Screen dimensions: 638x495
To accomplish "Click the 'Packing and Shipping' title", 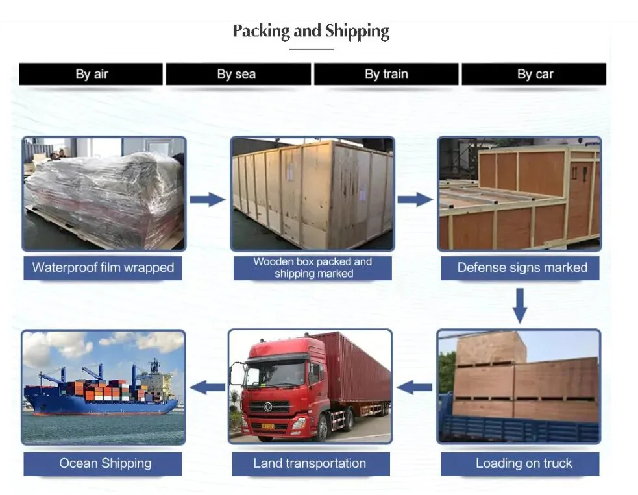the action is coord(311,31).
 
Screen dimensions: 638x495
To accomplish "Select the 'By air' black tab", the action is coord(91,74).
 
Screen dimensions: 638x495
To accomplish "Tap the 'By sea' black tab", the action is coord(238,74).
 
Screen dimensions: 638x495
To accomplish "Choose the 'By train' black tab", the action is coord(386,74).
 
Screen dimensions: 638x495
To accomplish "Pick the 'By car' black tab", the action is coord(534,74).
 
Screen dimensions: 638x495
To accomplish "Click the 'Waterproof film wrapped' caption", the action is coord(103,267).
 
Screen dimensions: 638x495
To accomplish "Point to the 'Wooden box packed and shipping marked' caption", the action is coord(313,267).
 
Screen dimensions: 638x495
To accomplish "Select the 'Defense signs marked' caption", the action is coord(521,267).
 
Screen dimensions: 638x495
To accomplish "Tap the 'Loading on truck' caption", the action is coord(523,463).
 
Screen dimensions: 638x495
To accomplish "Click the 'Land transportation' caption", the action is coord(310,463).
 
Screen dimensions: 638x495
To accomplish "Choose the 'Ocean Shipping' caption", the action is coord(104,463).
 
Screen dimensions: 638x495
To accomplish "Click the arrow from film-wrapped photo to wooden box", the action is coord(207,199).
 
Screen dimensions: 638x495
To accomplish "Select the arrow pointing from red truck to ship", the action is coord(207,388).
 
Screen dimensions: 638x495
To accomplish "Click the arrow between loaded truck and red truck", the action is coord(415,388).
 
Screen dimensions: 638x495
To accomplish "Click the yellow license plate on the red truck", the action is coord(267,425).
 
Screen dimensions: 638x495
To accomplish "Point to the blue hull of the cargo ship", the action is coord(97,406).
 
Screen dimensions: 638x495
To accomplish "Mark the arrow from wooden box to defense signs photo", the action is coord(415,199).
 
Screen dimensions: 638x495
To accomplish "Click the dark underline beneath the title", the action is coord(312,49).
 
